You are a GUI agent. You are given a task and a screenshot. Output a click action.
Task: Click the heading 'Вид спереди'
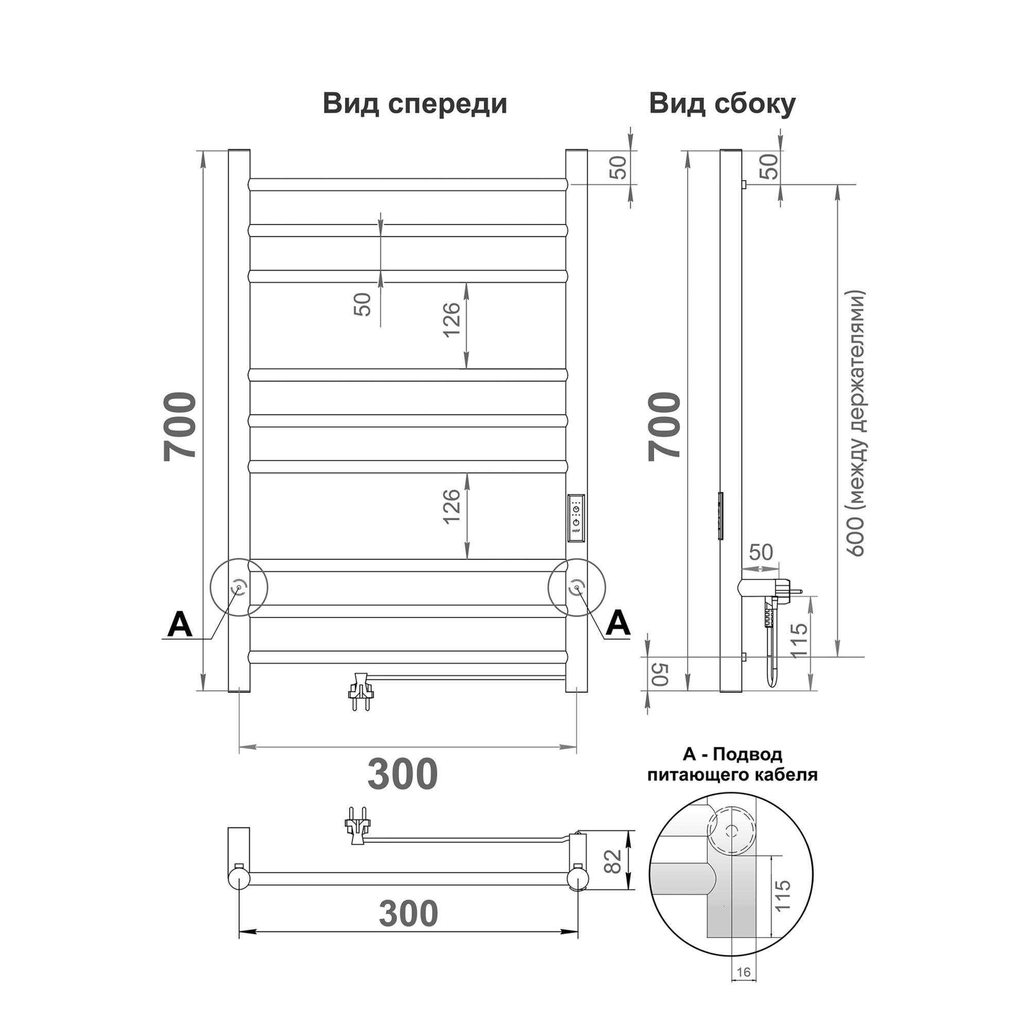[x=415, y=104]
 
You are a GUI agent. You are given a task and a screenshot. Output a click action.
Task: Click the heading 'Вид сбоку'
[x=722, y=104]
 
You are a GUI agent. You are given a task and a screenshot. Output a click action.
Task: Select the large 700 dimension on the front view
[x=180, y=426]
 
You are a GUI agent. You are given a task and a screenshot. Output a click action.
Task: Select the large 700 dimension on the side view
[x=665, y=426]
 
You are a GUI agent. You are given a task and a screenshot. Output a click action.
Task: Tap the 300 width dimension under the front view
[x=403, y=774]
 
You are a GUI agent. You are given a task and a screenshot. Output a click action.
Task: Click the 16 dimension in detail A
[x=743, y=987]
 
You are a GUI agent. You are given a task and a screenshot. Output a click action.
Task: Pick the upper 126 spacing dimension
[x=452, y=319]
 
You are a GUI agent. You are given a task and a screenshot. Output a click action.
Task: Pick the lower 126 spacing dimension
[x=452, y=506]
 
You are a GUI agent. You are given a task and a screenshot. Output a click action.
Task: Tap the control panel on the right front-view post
[x=576, y=519]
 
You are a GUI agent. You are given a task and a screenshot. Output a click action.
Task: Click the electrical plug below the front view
[x=360, y=692]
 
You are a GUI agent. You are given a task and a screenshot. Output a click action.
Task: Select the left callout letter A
[x=180, y=625]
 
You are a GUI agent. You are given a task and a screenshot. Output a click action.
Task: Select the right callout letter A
[x=618, y=623]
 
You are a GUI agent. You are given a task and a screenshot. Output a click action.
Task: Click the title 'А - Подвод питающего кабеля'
[x=732, y=764]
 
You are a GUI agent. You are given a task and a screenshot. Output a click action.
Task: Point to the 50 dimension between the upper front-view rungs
[x=363, y=304]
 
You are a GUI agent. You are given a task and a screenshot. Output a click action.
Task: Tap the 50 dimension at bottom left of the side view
[x=660, y=675]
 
